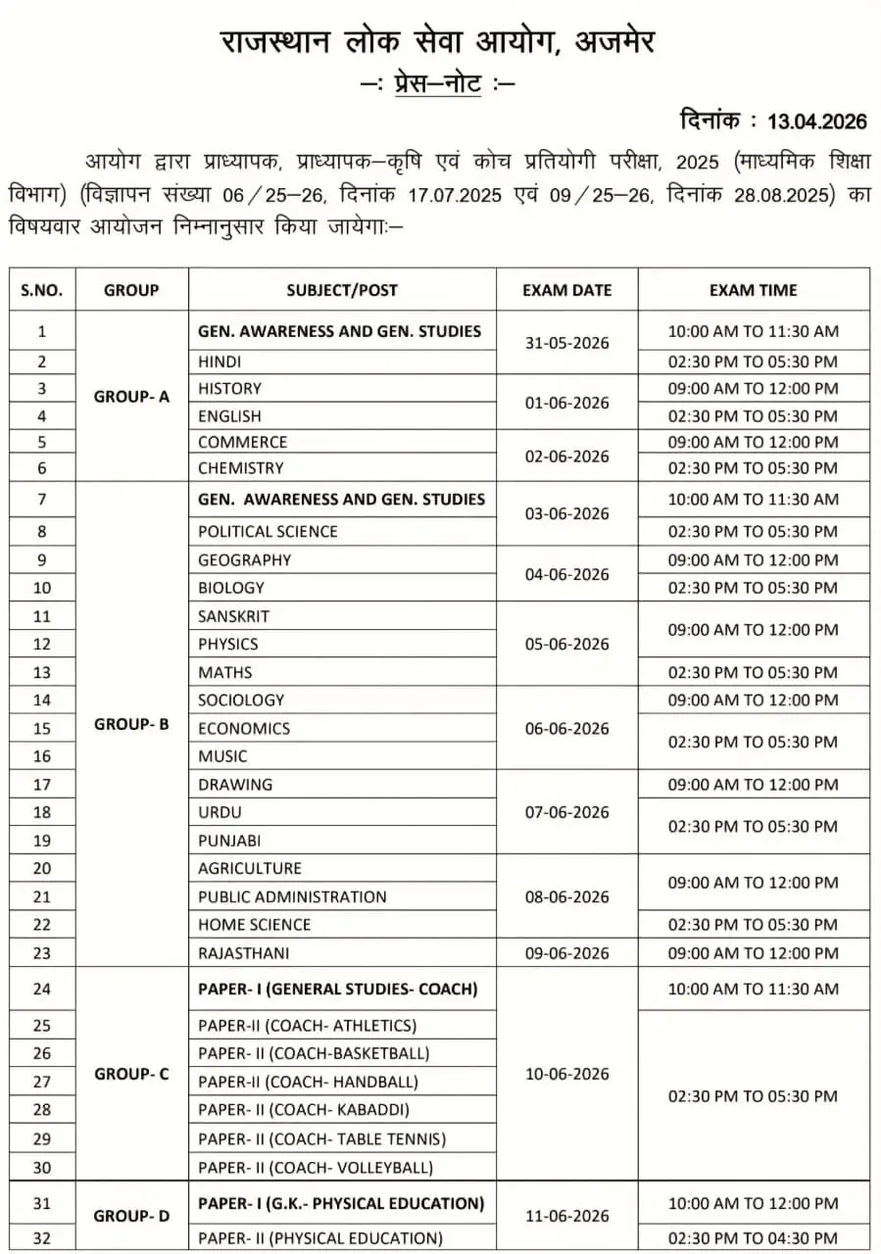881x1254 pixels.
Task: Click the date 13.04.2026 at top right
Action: pos(817,121)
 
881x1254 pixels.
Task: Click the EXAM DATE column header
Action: pos(566,290)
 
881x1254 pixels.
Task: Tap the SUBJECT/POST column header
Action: pos(342,290)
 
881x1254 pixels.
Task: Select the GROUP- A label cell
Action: pos(131,397)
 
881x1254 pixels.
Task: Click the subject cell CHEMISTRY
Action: pos(241,468)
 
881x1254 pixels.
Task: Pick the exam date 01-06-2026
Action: pos(566,403)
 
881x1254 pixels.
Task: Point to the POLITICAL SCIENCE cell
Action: pos(268,531)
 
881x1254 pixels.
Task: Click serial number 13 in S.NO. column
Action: pos(42,672)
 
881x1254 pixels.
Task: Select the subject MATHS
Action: pos(225,672)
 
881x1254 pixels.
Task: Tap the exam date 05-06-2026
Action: pos(566,644)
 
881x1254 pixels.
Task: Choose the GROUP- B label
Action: pos(131,725)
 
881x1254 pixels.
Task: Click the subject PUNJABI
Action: pos(229,841)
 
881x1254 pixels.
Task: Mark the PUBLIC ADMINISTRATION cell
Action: pos(292,896)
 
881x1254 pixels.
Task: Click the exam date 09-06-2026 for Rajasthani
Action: pos(566,952)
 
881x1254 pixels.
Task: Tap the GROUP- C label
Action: pos(131,1074)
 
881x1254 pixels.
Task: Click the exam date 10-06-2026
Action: pos(566,1074)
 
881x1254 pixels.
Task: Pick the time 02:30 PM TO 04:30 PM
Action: pos(753,1238)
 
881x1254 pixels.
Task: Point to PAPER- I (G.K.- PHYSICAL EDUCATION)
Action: pos(341,1203)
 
